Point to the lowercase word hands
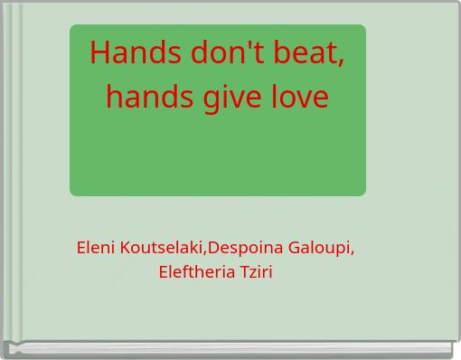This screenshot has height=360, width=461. pyautogui.click(x=144, y=95)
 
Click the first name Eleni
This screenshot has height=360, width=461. pyautogui.click(x=95, y=247)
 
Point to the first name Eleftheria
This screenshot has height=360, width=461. pyautogui.click(x=196, y=271)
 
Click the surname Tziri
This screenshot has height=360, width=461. pyautogui.click(x=256, y=271)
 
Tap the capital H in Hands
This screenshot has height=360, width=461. pyautogui.click(x=99, y=54)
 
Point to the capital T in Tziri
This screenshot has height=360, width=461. pyautogui.click(x=244, y=271)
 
